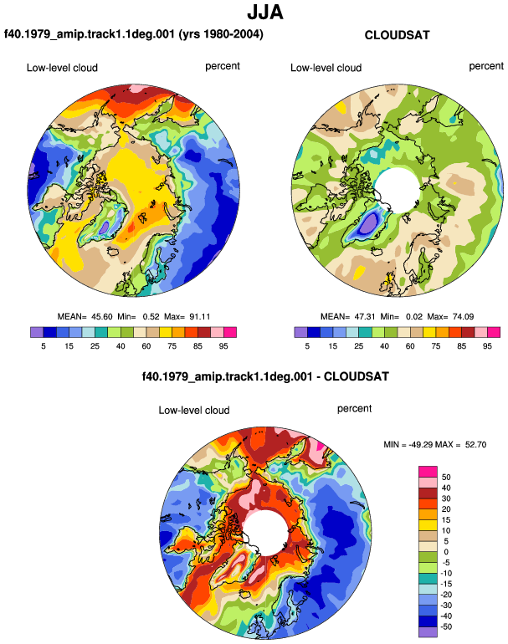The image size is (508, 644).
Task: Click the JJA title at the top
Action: point(265,13)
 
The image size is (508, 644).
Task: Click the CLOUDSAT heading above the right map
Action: point(397,35)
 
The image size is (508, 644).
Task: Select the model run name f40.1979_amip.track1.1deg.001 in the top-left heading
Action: point(90,33)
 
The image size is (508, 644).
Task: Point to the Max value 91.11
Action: point(200,317)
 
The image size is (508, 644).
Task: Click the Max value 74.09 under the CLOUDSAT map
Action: point(463,317)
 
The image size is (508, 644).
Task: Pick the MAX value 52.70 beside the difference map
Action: point(475,444)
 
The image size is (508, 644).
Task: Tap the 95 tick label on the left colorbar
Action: point(223,346)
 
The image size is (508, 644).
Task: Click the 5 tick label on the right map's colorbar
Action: point(307,346)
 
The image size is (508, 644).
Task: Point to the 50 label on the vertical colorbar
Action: point(446,478)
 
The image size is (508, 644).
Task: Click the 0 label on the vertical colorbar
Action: point(446,552)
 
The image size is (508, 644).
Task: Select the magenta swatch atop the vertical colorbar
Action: point(428,472)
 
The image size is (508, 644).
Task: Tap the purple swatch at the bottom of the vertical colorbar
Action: point(428,632)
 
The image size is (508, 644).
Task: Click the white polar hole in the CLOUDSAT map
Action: point(397,190)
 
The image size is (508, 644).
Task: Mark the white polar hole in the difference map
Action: point(265,533)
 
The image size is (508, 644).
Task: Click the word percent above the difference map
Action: point(354,409)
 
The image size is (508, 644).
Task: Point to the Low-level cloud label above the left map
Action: point(62,68)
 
